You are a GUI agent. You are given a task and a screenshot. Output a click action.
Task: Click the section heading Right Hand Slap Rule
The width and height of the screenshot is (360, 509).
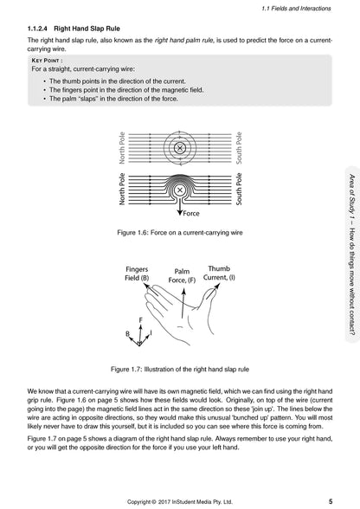click(87, 29)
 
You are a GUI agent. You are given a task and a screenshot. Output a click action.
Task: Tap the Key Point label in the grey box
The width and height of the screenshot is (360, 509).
click(47, 61)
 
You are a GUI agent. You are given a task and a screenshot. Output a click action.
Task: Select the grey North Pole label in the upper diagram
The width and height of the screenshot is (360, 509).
click(122, 148)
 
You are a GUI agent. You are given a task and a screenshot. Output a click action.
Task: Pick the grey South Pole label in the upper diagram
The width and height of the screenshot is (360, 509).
click(239, 148)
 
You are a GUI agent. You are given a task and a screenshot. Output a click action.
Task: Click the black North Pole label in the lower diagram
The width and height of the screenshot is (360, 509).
click(122, 189)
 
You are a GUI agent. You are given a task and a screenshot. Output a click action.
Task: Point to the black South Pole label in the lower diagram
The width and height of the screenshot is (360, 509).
click(239, 189)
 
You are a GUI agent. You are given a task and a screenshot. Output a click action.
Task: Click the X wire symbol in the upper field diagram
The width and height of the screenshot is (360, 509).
click(179, 148)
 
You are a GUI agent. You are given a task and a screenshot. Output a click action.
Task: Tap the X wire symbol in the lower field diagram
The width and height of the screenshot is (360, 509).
click(179, 190)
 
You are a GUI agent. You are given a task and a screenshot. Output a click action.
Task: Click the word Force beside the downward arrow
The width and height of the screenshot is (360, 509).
click(191, 214)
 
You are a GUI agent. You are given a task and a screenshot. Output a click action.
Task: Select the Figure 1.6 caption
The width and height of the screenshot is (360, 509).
click(180, 232)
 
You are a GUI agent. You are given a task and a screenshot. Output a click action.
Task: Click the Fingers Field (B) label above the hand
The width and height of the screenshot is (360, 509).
click(137, 274)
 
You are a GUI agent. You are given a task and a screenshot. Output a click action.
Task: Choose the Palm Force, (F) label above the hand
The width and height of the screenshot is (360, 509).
click(182, 275)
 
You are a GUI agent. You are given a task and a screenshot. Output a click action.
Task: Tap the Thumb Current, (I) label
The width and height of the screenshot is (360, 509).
click(219, 273)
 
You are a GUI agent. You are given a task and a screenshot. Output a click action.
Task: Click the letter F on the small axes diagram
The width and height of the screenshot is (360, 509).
click(140, 320)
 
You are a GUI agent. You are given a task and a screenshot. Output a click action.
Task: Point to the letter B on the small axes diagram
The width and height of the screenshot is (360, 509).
click(127, 334)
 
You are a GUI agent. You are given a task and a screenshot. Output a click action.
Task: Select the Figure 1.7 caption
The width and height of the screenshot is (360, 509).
click(180, 369)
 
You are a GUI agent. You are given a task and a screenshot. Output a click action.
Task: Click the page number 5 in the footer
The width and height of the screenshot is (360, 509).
click(331, 501)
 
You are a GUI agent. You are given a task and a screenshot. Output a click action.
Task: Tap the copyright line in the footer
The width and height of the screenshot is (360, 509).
click(180, 502)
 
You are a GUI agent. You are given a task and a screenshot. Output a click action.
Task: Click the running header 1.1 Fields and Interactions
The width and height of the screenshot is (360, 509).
click(296, 9)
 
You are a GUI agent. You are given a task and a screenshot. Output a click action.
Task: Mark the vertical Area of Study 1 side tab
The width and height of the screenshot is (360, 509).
click(352, 254)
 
